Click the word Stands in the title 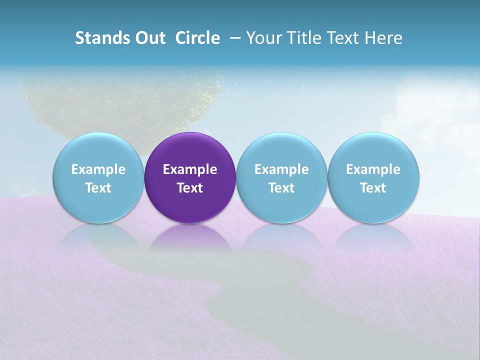click(102, 38)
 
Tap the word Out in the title click(149, 38)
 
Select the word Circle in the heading click(197, 38)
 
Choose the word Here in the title click(384, 38)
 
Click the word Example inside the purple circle click(190, 169)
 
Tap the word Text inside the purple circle click(190, 188)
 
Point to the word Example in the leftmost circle click(98, 169)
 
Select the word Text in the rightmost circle click(373, 188)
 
